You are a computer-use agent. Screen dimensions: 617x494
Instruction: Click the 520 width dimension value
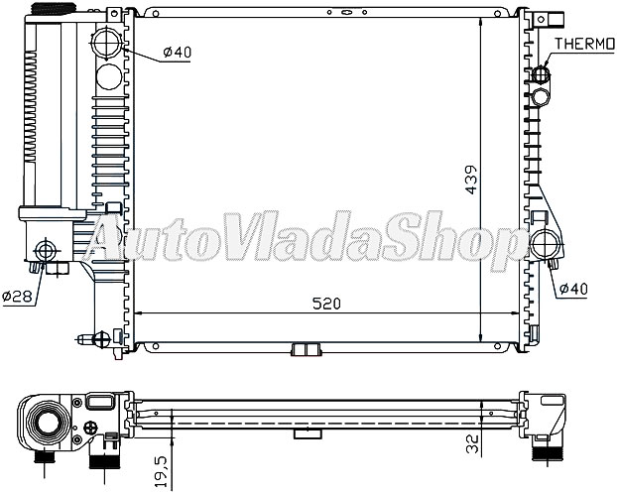[326, 304]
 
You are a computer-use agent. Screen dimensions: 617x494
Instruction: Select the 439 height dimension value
[471, 180]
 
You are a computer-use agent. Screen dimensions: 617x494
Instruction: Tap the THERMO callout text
[584, 44]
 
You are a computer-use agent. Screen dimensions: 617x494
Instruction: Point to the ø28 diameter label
[17, 296]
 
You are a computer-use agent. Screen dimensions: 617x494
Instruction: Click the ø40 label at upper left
[178, 52]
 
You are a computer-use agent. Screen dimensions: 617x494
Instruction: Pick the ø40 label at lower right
[573, 289]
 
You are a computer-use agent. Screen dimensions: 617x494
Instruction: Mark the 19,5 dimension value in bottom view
[162, 472]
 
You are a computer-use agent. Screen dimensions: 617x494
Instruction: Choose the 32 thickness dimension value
[472, 442]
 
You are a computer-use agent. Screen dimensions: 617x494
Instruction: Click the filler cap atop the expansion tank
[54, 8]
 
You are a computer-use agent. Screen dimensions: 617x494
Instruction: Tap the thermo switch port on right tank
[541, 73]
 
